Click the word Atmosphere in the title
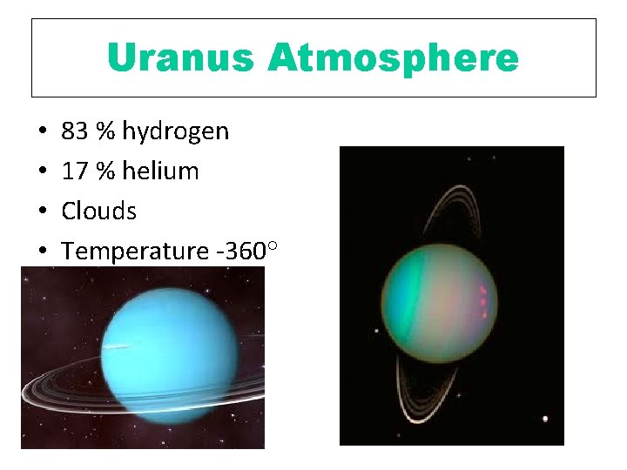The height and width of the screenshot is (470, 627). [x=393, y=58]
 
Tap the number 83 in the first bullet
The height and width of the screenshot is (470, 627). [x=75, y=131]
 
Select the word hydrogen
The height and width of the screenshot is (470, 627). [x=175, y=131]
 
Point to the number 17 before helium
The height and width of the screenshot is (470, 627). [x=75, y=171]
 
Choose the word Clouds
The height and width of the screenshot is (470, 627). [x=98, y=211]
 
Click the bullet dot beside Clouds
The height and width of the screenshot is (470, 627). [x=43, y=211]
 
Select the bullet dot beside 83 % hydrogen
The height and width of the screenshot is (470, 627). [x=43, y=132]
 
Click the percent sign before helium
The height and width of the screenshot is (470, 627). [x=105, y=171]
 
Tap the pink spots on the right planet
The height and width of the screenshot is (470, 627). [x=482, y=298]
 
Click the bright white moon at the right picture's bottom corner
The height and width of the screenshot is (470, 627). [x=545, y=419]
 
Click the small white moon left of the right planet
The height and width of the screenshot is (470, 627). [x=377, y=330]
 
